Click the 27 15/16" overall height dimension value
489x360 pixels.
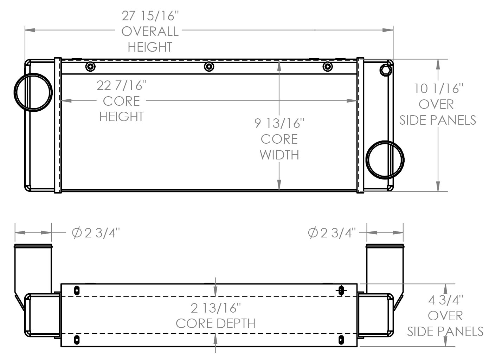point(150,16)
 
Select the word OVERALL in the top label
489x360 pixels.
point(150,31)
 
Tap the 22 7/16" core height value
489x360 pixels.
point(122,85)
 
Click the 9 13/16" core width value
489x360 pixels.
point(279,123)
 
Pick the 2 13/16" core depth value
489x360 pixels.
point(216,308)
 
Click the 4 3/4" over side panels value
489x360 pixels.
point(445,300)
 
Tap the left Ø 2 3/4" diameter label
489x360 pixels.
point(96,233)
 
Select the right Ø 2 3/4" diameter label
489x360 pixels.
point(332,233)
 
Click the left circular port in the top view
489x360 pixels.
point(33,92)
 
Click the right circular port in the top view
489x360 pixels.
point(385,160)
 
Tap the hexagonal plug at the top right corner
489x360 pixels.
point(386,70)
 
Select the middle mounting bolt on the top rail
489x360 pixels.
point(209,66)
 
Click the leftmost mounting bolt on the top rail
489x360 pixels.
point(90,66)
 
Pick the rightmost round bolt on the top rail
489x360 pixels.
point(327,66)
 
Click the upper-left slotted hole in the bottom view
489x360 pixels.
point(77,290)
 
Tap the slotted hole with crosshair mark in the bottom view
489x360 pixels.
point(341,290)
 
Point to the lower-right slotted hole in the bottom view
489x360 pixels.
point(341,340)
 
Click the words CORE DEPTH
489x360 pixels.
point(216,323)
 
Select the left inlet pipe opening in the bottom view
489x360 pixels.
point(33,246)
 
